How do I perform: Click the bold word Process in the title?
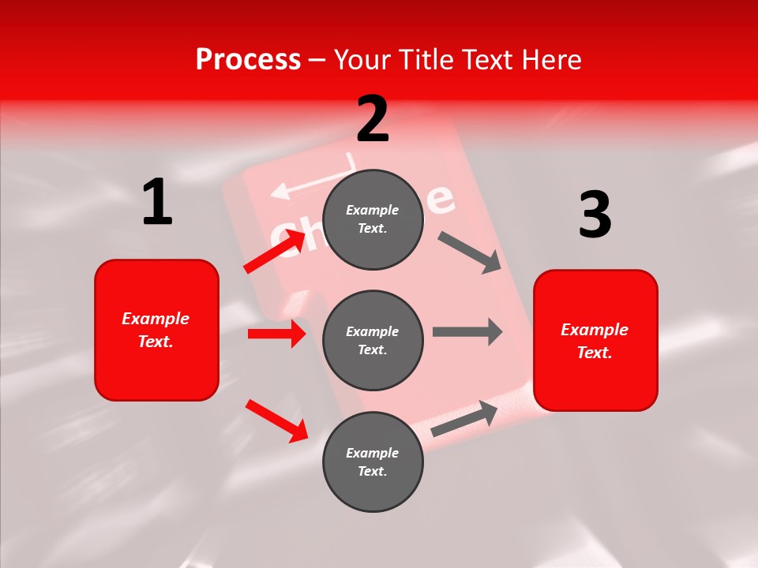click(248, 59)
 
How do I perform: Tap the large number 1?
click(157, 202)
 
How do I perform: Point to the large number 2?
click(373, 118)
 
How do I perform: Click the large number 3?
click(595, 215)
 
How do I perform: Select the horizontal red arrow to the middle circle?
click(276, 334)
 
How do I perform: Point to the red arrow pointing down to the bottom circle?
click(276, 420)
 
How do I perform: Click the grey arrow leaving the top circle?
click(469, 252)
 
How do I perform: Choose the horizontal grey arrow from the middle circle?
click(467, 331)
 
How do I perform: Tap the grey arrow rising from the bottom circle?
click(464, 418)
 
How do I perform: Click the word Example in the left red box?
click(156, 319)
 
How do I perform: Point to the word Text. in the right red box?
click(595, 353)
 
